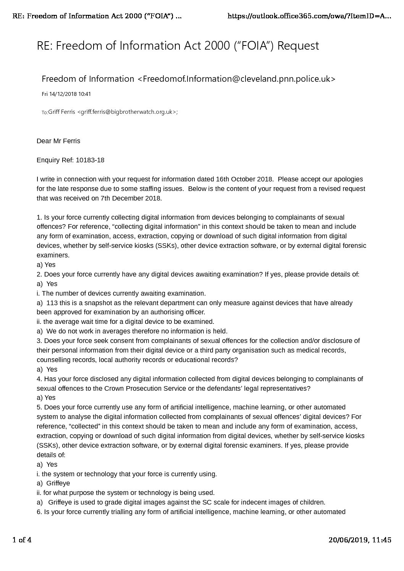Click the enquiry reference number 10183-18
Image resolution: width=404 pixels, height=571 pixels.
(x=90, y=160)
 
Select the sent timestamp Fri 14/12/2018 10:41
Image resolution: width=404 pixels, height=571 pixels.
(x=66, y=94)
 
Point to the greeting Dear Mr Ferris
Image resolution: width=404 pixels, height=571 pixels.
(x=58, y=141)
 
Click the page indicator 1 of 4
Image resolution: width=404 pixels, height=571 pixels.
(x=22, y=540)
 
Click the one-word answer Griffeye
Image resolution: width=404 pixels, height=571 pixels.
(x=58, y=483)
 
